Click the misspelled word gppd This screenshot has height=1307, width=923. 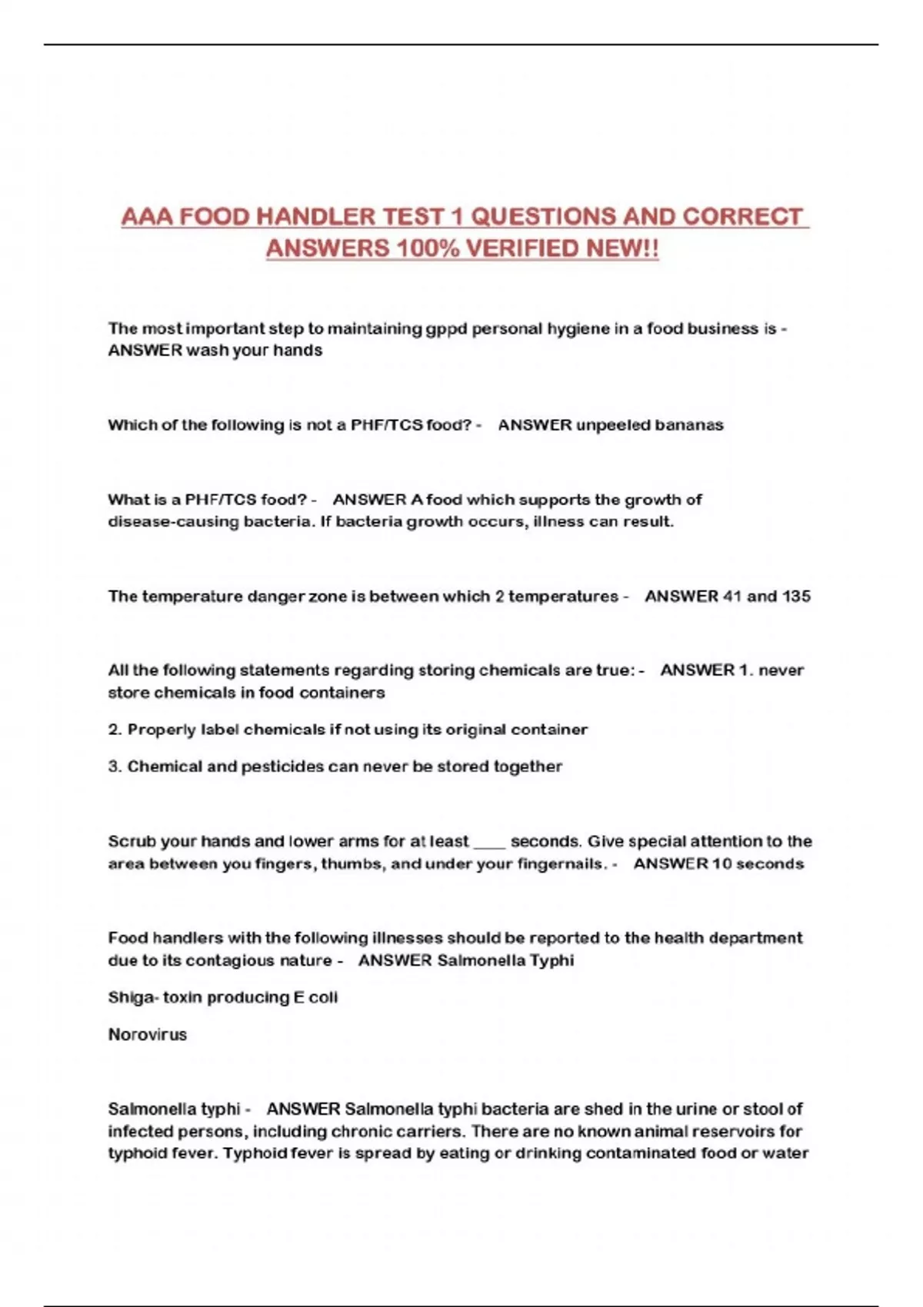click(447, 329)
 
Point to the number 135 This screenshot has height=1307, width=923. click(796, 597)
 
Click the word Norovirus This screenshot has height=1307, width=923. click(148, 1035)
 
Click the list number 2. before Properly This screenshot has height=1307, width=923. click(115, 730)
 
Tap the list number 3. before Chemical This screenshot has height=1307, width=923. click(115, 767)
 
